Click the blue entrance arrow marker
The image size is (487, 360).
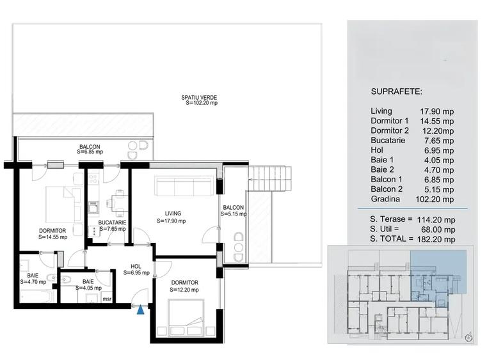[140, 310]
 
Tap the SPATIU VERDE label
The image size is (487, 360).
[198, 100]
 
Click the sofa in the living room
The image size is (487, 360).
[185, 187]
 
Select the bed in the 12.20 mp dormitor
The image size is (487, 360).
[186, 317]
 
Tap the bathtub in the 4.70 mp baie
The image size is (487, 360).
[36, 297]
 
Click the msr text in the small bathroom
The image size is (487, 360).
[107, 298]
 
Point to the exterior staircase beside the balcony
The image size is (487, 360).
[269, 178]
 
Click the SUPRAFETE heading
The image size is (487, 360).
[396, 92]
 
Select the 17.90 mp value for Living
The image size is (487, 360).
[438, 111]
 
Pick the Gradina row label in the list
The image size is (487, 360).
[386, 198]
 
